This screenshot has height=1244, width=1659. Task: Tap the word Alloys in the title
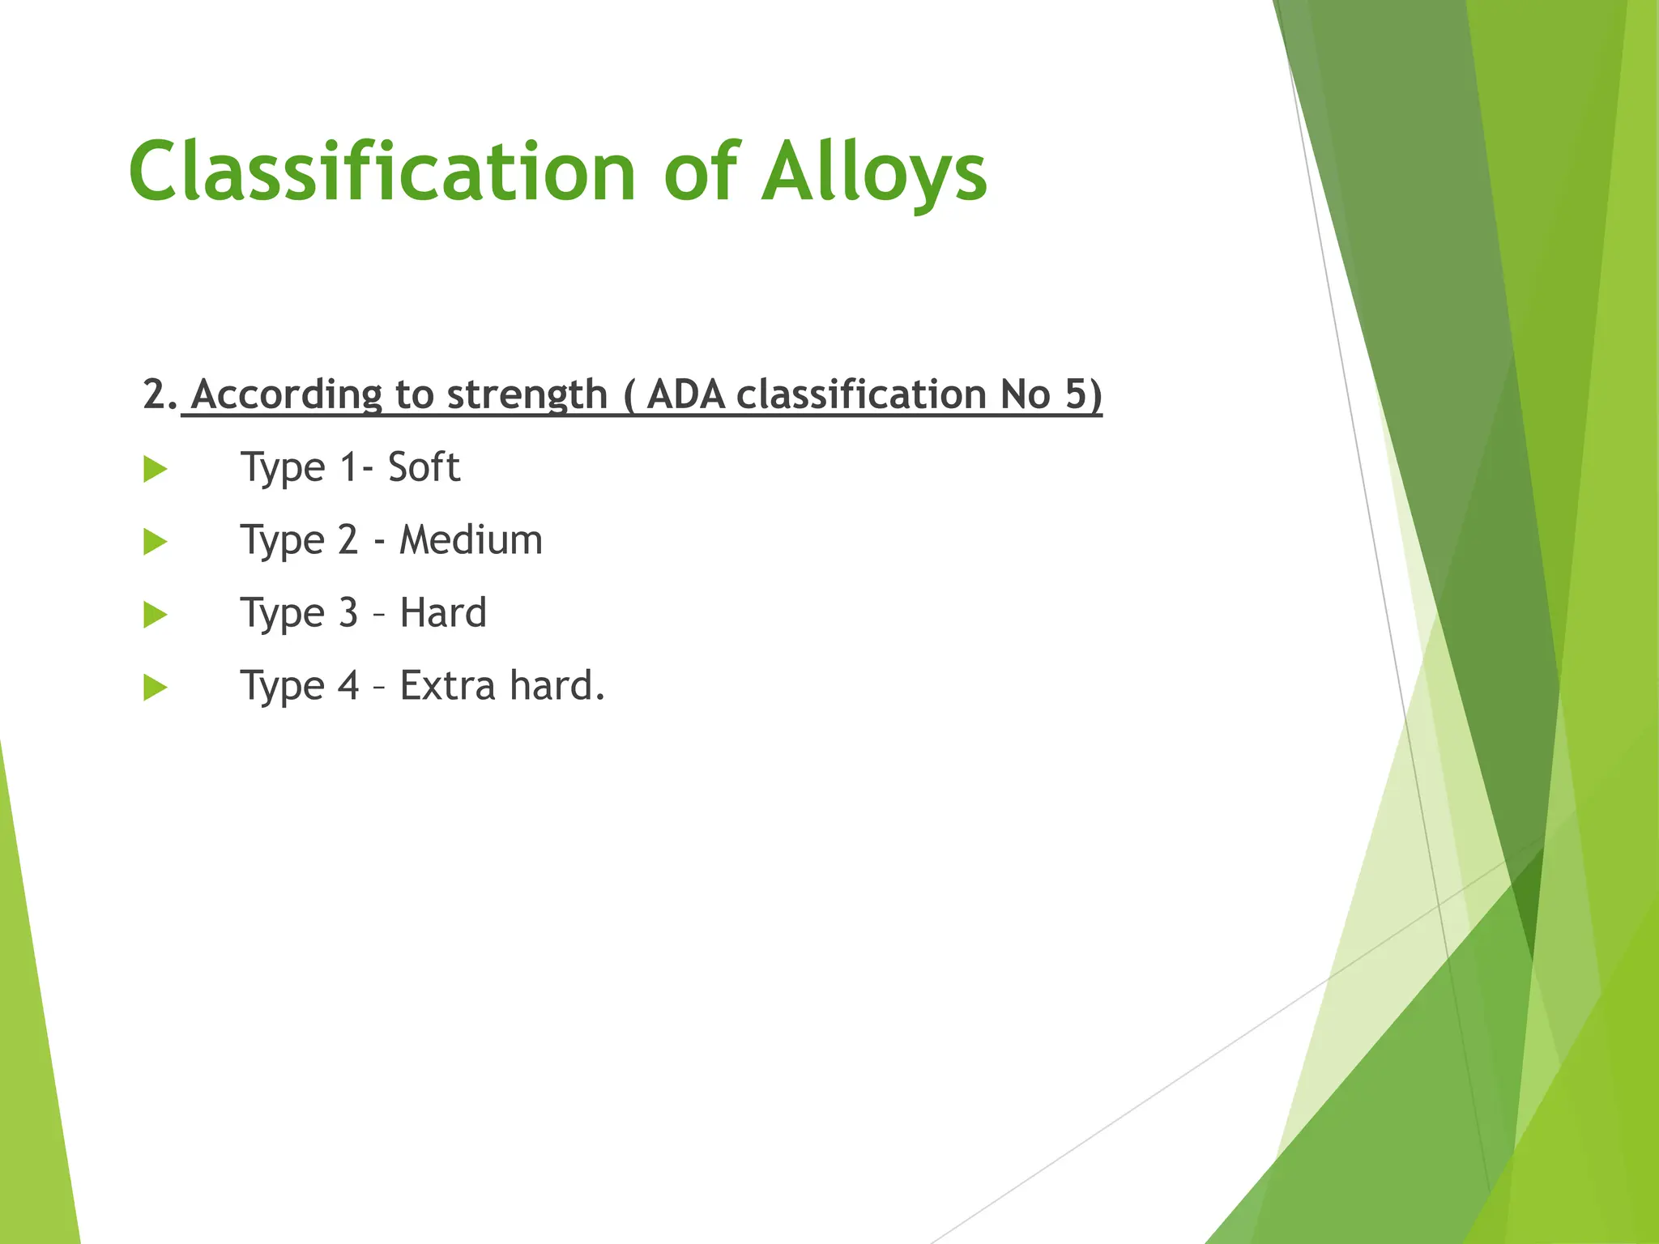pyautogui.click(x=874, y=172)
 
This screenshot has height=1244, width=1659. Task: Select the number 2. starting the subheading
pyautogui.click(x=160, y=395)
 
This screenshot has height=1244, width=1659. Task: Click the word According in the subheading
pyautogui.click(x=287, y=395)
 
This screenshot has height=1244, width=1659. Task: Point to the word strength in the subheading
pyautogui.click(x=527, y=395)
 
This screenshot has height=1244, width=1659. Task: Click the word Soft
pyautogui.click(x=424, y=467)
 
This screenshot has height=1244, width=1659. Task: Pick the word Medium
pyautogui.click(x=471, y=540)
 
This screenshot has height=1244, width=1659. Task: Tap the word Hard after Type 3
pyautogui.click(x=443, y=613)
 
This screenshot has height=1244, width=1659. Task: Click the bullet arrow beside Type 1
pyautogui.click(x=155, y=469)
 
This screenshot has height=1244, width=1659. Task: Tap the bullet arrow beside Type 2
pyautogui.click(x=155, y=542)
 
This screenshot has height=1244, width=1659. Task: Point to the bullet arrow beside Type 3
pyautogui.click(x=155, y=615)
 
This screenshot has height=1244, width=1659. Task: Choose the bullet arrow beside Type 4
pyautogui.click(x=155, y=688)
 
